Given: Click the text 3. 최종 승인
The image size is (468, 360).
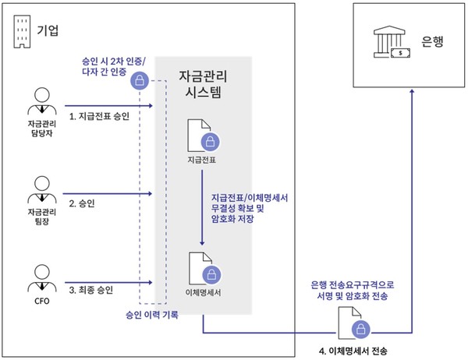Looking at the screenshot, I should (91, 289).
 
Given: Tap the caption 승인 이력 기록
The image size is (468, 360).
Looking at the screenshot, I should (151, 315).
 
